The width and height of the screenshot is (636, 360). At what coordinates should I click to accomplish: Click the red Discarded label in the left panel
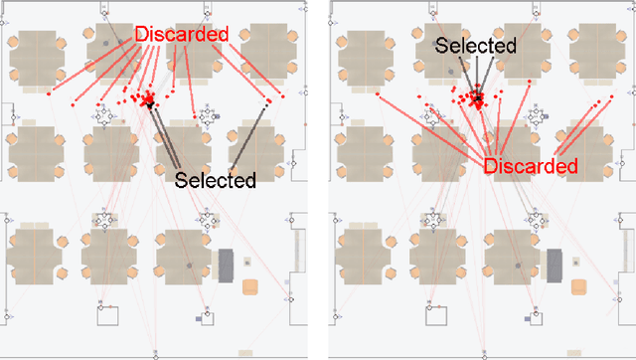click(182, 35)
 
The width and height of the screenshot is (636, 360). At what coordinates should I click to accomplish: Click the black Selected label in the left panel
click(216, 180)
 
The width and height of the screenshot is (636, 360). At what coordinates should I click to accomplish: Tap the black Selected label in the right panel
click(475, 46)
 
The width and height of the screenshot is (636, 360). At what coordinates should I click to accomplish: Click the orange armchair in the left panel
click(250, 287)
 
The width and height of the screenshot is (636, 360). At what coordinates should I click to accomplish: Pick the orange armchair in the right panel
click(579, 287)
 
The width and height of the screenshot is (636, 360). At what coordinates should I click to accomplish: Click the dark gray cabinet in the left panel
click(226, 265)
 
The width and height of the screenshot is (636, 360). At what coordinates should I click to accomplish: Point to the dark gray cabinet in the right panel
click(555, 265)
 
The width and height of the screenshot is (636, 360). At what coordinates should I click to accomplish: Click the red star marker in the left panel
click(150, 98)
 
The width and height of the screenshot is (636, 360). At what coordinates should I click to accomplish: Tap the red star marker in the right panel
click(479, 98)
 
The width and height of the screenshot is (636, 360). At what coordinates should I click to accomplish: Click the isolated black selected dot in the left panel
click(265, 103)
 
